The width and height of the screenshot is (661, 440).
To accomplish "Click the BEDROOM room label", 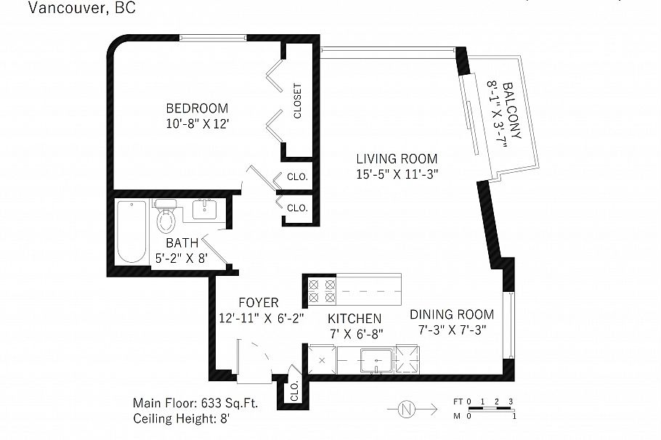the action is tap(197, 108).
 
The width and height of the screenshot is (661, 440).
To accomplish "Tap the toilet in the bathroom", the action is tap(166, 216).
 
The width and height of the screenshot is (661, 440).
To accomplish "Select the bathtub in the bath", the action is tap(131, 232).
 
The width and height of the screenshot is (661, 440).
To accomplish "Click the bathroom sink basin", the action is tap(204, 209).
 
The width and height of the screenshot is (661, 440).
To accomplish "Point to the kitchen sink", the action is tap(376, 360).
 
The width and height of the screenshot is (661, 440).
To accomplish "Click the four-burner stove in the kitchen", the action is tap(322, 291).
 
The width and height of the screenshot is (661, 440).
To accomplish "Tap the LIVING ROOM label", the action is tap(397, 159).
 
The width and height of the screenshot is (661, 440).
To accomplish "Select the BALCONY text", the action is tap(513, 110).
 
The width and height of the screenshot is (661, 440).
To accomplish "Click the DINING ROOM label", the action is tap(452, 314).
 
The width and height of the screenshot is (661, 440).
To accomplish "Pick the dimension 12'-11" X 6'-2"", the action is tap(261, 318).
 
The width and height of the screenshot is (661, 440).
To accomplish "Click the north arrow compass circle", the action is tap(406, 409).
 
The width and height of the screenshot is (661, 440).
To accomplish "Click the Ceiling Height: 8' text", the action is tap(182, 419).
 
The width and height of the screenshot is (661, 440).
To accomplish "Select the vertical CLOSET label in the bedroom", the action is tap(298, 101).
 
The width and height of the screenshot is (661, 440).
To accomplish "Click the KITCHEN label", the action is tap(354, 319).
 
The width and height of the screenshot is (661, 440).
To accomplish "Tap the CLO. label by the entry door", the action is tap(294, 391).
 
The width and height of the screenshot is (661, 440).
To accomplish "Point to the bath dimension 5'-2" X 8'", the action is tap(182, 258).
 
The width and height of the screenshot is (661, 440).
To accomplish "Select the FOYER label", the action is tap(259, 303).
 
